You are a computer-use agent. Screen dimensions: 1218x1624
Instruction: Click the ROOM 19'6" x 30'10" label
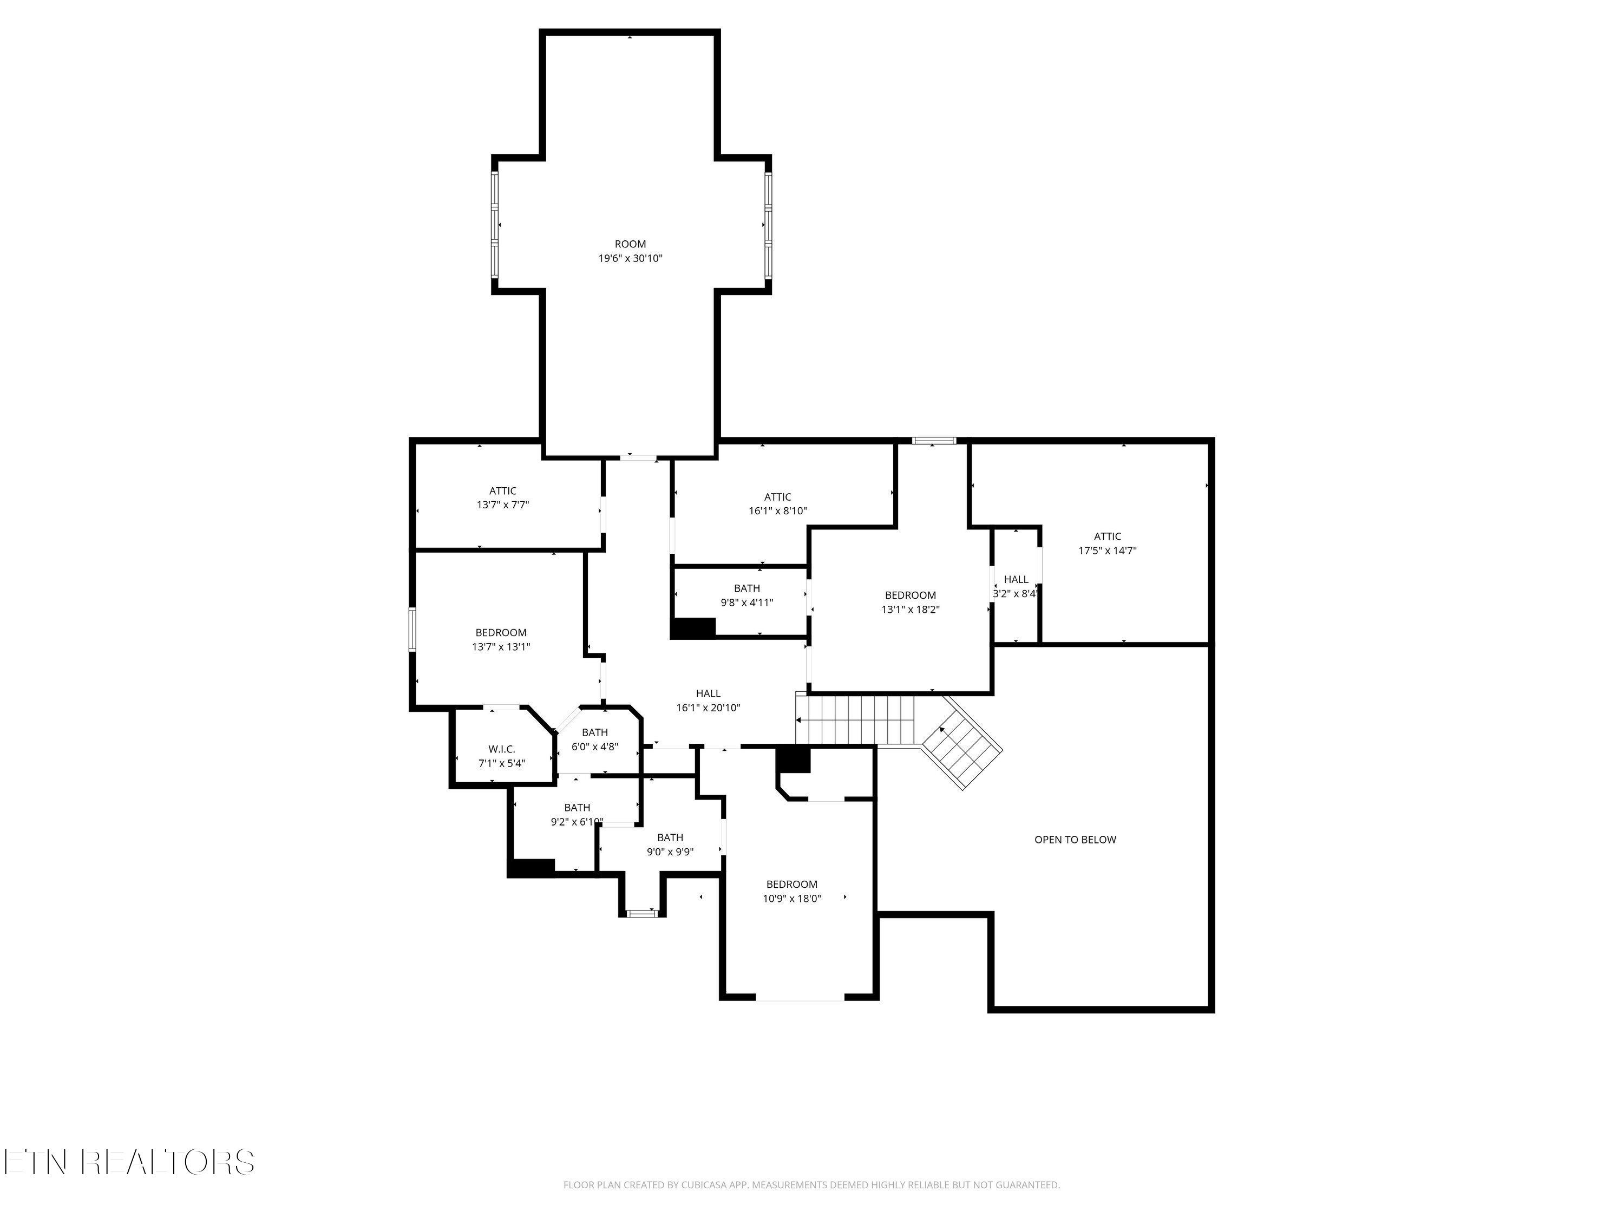(630, 251)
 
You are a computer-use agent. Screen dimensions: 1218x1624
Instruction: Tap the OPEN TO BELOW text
(1075, 839)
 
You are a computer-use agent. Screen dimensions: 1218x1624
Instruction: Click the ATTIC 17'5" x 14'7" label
(1107, 543)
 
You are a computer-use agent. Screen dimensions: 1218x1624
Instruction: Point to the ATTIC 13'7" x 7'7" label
(503, 498)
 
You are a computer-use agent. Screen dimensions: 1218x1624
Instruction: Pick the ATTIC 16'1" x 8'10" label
(777, 503)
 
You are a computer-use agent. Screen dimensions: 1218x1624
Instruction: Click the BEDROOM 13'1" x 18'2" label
(911, 602)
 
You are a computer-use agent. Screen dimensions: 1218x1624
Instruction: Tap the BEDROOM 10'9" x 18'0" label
(791, 891)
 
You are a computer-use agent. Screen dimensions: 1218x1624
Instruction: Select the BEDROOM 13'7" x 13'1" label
(501, 639)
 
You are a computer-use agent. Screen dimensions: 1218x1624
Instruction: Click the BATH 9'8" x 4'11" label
(746, 595)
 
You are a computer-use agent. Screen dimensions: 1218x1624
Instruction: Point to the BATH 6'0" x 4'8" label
(595, 739)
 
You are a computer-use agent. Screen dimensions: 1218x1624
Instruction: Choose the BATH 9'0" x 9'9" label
(670, 844)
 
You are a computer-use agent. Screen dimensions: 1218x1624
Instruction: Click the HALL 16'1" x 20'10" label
(708, 700)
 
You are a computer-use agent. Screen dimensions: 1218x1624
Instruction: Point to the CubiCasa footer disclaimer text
(811, 1185)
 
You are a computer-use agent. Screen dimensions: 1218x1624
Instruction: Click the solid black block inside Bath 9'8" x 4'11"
(692, 628)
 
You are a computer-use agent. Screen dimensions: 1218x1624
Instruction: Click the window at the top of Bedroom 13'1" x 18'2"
(934, 441)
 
